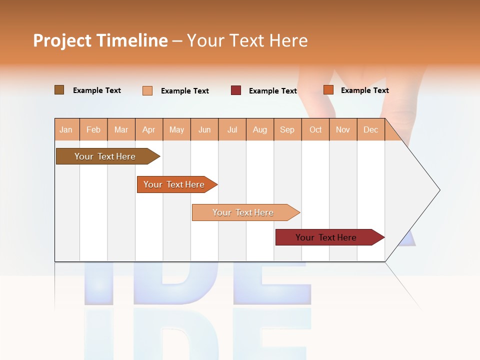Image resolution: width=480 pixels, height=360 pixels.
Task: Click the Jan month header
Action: (x=66, y=129)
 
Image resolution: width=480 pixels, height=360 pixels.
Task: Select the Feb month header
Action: (x=93, y=129)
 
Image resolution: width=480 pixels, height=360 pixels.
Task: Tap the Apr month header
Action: (x=149, y=129)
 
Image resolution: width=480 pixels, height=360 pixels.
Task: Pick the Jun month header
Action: (x=204, y=129)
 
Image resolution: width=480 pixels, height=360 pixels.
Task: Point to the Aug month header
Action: (x=260, y=129)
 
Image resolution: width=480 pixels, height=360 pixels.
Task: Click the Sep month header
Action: (x=287, y=129)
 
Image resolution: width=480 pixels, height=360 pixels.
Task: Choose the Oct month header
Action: (x=315, y=129)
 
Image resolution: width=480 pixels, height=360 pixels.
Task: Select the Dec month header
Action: (x=370, y=129)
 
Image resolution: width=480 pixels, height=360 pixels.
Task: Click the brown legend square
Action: (x=59, y=90)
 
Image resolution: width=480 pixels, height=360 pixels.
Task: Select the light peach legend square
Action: (x=147, y=90)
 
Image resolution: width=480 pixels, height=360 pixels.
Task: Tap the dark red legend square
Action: (x=236, y=90)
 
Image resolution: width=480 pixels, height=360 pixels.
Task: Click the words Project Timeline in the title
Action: (x=100, y=40)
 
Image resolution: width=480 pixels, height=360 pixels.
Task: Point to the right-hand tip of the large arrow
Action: (x=439, y=190)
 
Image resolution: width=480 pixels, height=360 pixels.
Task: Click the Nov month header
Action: (x=343, y=129)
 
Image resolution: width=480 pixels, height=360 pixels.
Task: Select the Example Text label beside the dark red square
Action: (x=272, y=91)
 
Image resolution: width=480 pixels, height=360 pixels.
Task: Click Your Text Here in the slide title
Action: (x=247, y=40)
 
